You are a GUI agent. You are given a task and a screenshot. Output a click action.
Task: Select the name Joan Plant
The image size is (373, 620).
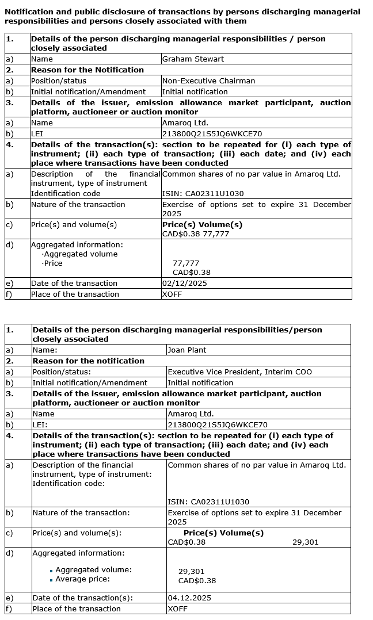(x=186, y=350)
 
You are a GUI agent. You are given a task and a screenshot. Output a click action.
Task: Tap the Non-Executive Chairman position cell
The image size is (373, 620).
(x=208, y=81)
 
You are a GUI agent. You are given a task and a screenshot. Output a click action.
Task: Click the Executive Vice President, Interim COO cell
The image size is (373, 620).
(x=239, y=372)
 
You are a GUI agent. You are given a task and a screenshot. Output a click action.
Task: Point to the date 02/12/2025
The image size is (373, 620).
(x=184, y=283)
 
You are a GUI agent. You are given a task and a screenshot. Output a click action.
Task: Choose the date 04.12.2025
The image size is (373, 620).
(x=189, y=598)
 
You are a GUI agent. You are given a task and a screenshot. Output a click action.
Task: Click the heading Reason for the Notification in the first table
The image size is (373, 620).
(x=87, y=70)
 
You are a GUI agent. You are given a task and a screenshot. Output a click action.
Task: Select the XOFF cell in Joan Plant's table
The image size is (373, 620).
(x=177, y=608)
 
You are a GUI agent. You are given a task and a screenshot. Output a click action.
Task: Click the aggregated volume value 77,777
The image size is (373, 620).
(x=186, y=263)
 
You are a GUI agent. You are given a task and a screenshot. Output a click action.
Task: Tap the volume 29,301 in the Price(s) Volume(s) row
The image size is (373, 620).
(x=305, y=542)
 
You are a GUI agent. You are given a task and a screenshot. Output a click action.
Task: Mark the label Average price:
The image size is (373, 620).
(x=82, y=579)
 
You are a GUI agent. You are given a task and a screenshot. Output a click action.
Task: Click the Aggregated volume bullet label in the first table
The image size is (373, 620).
(x=80, y=254)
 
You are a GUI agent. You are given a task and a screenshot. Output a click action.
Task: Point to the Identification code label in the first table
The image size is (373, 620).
(x=66, y=193)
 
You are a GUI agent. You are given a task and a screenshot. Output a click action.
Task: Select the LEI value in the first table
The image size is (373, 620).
(x=212, y=133)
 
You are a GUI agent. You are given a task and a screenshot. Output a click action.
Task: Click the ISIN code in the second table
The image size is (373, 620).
(x=208, y=502)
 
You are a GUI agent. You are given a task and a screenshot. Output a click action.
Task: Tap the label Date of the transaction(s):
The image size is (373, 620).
(x=82, y=598)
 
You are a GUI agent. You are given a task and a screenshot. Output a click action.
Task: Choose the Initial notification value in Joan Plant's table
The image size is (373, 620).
(x=200, y=382)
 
